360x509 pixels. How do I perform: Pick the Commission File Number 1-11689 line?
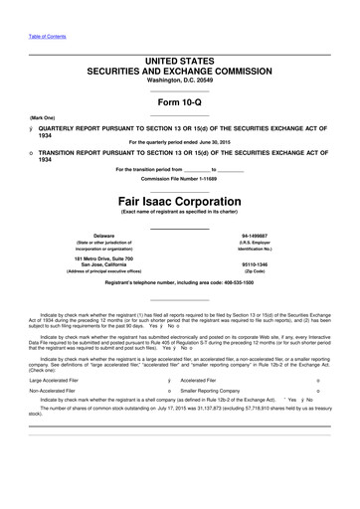pos(179,177)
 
